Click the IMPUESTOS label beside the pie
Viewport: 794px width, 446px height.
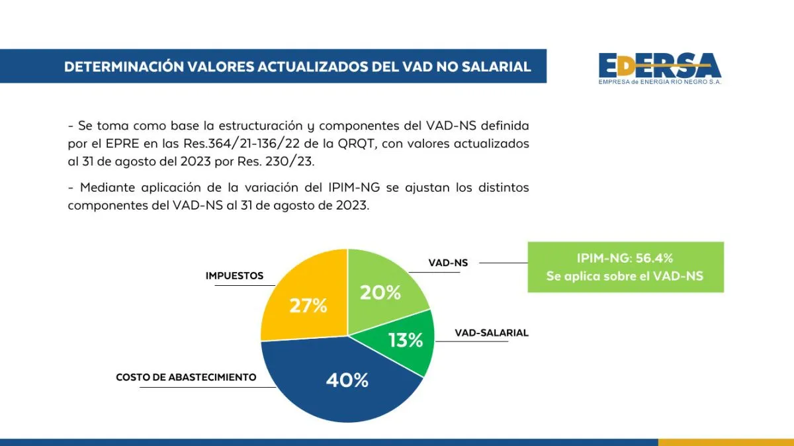coord(234,276)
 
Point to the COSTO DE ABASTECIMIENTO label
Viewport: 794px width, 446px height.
coord(186,377)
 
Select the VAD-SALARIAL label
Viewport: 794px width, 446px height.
coord(492,333)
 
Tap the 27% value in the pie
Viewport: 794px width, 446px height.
coord(308,306)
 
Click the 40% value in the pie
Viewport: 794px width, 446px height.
coord(347,380)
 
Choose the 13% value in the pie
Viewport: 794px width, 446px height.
coord(406,340)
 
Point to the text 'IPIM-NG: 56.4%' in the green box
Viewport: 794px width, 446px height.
coord(625,258)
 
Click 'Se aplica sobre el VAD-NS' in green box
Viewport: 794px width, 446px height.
coord(625,277)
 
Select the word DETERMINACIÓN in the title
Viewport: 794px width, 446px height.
coord(123,67)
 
